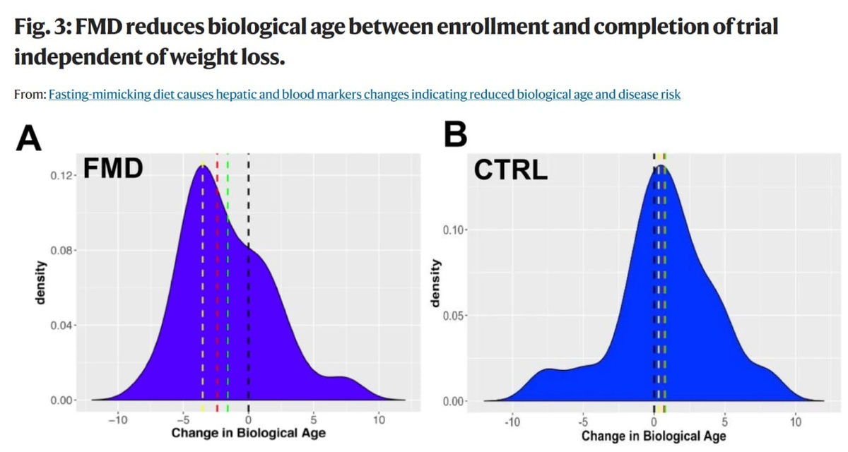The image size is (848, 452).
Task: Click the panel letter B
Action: click(456, 136)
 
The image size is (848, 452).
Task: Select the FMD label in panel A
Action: click(113, 169)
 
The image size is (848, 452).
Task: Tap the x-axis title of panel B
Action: click(654, 436)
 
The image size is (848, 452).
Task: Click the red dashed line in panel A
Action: click(217, 282)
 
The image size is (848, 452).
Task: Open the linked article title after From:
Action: click(364, 94)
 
